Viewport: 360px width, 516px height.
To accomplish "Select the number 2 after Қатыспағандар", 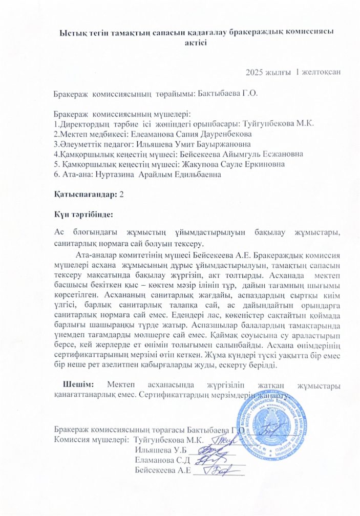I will [x=121, y=193].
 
